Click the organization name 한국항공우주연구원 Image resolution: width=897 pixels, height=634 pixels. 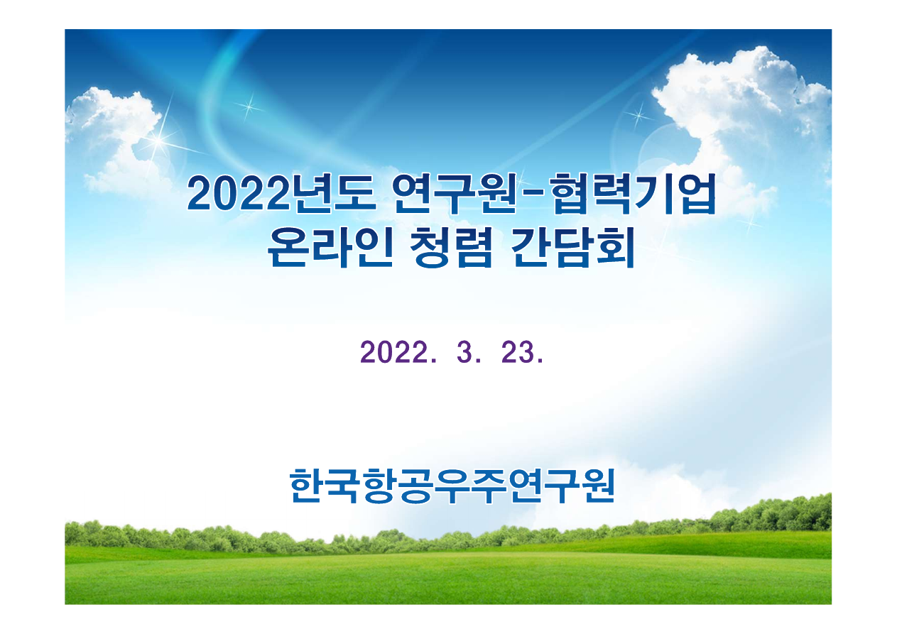tap(452, 486)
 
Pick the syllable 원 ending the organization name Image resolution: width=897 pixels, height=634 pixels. tap(597, 486)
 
